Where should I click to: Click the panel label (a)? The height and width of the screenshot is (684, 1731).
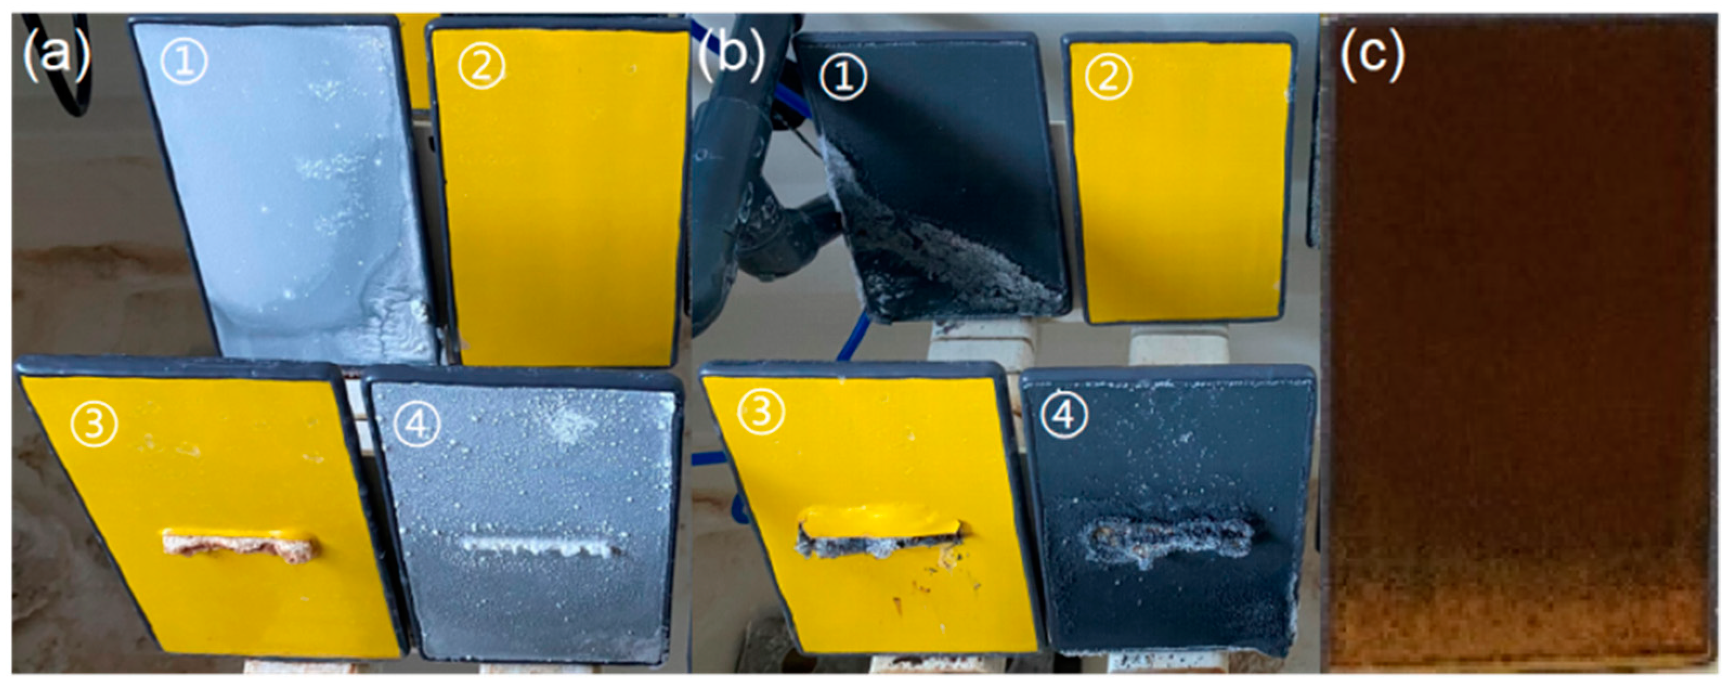coord(55,54)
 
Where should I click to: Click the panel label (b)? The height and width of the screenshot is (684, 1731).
coord(731,54)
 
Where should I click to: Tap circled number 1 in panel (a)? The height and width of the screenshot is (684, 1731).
coord(184,62)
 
